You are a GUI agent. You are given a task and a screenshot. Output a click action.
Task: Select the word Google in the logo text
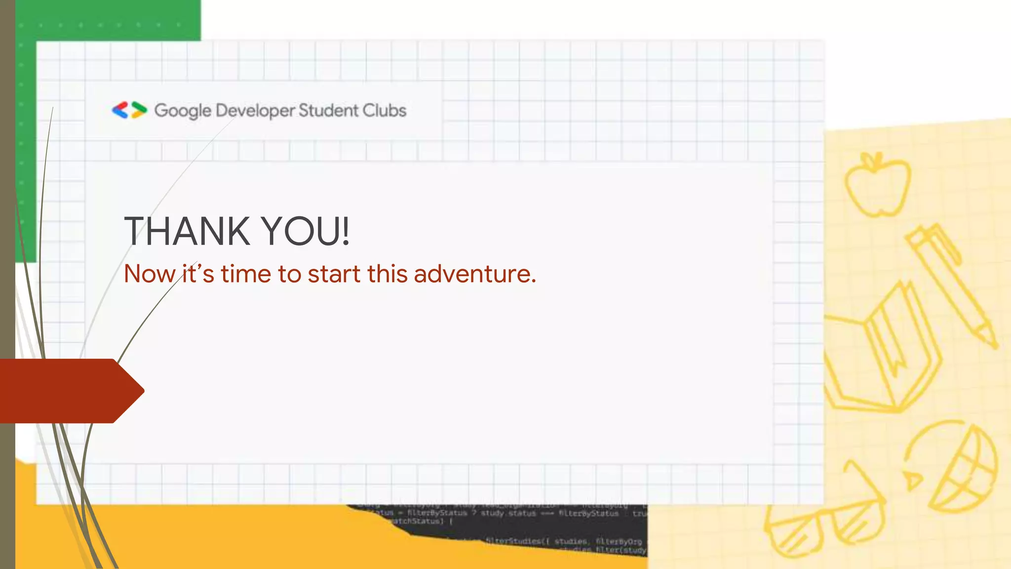(x=183, y=111)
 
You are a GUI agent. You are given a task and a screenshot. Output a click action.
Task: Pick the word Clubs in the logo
(x=385, y=110)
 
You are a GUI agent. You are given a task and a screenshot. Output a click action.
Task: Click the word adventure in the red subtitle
(x=474, y=274)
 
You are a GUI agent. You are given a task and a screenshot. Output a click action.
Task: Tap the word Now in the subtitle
(x=150, y=274)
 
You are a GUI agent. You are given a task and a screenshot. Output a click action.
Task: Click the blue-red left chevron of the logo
(x=120, y=110)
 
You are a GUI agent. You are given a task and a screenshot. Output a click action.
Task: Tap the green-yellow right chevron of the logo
(x=139, y=110)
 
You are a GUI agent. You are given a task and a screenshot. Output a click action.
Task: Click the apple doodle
(x=877, y=185)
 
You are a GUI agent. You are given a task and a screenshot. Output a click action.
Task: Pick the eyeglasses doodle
(x=824, y=526)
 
